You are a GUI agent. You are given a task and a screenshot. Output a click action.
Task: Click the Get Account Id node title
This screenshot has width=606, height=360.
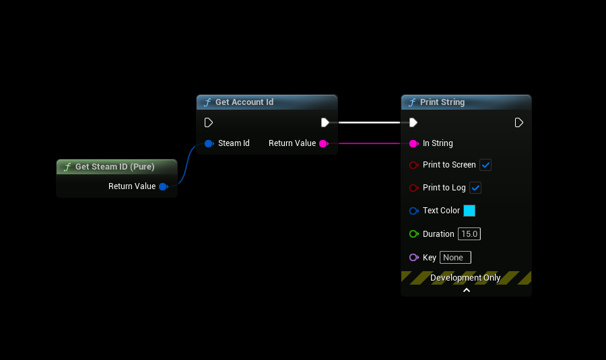[x=244, y=102]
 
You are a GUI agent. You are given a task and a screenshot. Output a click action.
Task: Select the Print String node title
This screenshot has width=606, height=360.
[x=442, y=102]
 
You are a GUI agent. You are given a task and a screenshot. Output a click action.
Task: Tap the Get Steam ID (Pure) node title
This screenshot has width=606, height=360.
[x=114, y=167]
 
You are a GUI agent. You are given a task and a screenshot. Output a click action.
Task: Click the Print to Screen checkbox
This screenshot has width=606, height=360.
[x=485, y=165]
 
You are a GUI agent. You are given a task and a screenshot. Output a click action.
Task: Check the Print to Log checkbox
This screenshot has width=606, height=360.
[x=475, y=188]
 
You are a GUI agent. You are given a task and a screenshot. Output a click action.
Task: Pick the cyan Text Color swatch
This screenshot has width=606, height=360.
[x=469, y=211]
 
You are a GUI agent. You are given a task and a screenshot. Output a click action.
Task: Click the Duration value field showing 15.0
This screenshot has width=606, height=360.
[x=469, y=234]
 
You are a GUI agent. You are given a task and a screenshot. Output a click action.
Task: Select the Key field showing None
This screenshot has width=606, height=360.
[x=455, y=258]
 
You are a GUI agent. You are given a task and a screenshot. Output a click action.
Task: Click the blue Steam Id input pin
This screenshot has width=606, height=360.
[x=209, y=143]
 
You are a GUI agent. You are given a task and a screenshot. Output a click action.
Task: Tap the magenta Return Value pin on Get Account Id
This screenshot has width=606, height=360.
[x=323, y=143]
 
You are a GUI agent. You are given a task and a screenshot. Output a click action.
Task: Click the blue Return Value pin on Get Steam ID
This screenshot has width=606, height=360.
[x=163, y=186]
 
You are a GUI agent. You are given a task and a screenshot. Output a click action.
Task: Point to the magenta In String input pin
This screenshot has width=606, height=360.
[x=413, y=143]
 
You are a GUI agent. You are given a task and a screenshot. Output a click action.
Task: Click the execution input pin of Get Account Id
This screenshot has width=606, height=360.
[x=209, y=122]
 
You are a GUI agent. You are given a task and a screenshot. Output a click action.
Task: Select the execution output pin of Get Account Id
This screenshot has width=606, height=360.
[x=325, y=122]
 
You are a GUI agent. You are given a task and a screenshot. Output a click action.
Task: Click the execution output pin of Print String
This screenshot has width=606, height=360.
[x=519, y=122]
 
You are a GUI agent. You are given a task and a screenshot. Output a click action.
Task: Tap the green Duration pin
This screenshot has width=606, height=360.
[x=413, y=234]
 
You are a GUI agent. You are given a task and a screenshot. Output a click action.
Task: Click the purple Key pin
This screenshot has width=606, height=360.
[x=413, y=258]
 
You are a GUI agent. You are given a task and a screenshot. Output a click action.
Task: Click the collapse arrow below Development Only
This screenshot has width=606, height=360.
[x=466, y=291]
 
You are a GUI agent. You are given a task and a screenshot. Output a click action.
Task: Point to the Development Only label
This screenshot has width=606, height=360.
[x=465, y=278]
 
